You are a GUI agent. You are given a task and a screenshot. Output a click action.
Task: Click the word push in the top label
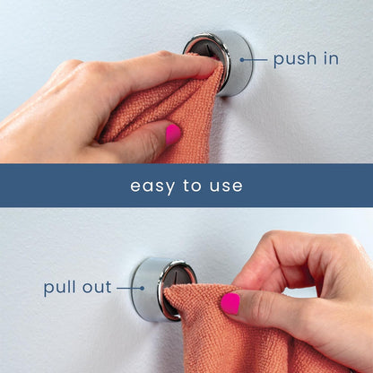click(294, 60)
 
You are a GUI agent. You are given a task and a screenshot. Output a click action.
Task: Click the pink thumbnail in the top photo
click(172, 134)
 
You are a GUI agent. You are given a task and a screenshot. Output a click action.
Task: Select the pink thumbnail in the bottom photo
click(230, 304)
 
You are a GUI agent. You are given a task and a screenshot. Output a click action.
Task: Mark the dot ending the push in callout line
click(239, 60)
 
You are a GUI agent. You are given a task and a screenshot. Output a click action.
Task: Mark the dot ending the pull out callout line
click(143, 289)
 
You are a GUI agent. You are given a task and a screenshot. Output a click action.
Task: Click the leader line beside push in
click(254, 60)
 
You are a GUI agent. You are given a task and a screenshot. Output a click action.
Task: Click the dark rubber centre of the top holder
click(199, 47)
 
